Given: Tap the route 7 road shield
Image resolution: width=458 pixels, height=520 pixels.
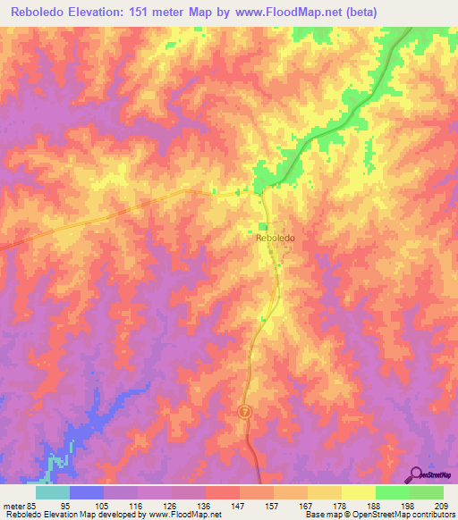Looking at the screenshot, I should tap(243, 411).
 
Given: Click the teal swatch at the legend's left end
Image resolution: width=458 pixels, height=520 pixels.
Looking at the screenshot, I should tap(53, 492).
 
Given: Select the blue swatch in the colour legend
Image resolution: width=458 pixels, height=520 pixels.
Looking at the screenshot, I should tap(87, 492).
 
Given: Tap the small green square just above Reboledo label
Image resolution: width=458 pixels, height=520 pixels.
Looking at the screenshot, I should tap(263, 226).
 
